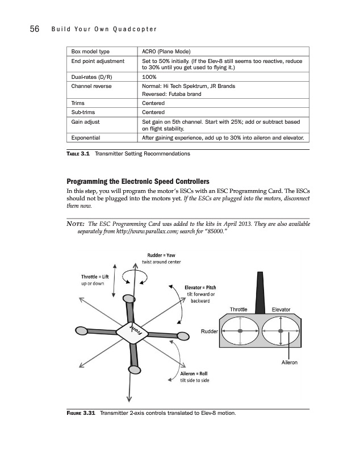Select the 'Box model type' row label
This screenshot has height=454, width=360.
(90, 51)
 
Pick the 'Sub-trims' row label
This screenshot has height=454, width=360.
(83, 112)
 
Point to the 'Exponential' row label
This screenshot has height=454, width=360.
(86, 137)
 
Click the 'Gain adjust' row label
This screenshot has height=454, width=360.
(85, 121)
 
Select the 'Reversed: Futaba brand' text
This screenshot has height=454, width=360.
(171, 94)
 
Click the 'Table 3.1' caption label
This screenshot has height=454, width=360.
(78, 154)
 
